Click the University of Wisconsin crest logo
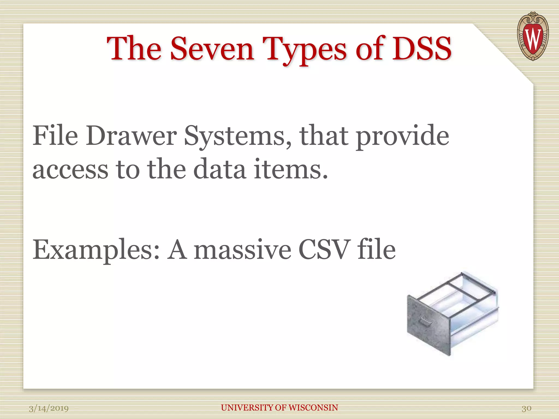[533, 36]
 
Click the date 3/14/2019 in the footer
[49, 408]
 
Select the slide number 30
[526, 408]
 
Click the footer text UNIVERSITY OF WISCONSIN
[279, 408]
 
